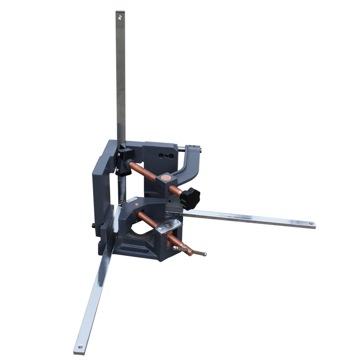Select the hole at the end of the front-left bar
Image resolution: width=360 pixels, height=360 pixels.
(x=80, y=347)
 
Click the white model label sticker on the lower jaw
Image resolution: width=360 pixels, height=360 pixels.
(x=131, y=200)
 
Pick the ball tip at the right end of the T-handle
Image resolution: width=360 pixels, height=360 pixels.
(x=205, y=254)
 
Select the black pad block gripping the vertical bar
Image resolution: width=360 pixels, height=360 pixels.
(x=126, y=154)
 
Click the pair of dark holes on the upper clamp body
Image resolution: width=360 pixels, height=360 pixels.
(x=165, y=156)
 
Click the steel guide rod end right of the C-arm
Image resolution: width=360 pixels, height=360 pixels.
(x=201, y=151)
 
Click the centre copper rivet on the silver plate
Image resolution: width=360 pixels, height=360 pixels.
(x=168, y=225)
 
